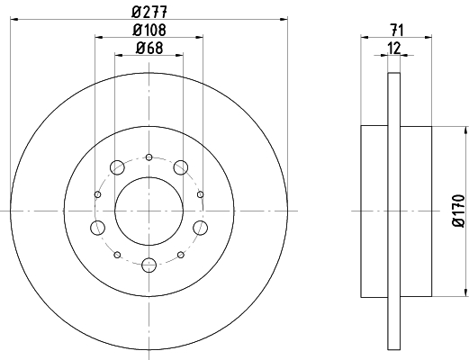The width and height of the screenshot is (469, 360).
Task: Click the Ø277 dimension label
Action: [x=149, y=12]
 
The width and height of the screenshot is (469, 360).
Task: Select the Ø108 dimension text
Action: [x=149, y=30]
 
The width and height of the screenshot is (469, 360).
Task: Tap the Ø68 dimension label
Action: [x=149, y=48]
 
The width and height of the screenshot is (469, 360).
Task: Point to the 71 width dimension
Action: [x=397, y=31]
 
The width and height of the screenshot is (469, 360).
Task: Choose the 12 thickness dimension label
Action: [x=394, y=48]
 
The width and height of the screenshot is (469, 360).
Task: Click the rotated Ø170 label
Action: [x=458, y=211]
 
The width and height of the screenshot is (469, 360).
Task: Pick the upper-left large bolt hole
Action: [x=117, y=167]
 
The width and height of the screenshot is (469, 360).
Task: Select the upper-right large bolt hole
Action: [x=181, y=167]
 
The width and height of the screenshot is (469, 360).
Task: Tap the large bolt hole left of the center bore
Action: [x=97, y=228]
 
